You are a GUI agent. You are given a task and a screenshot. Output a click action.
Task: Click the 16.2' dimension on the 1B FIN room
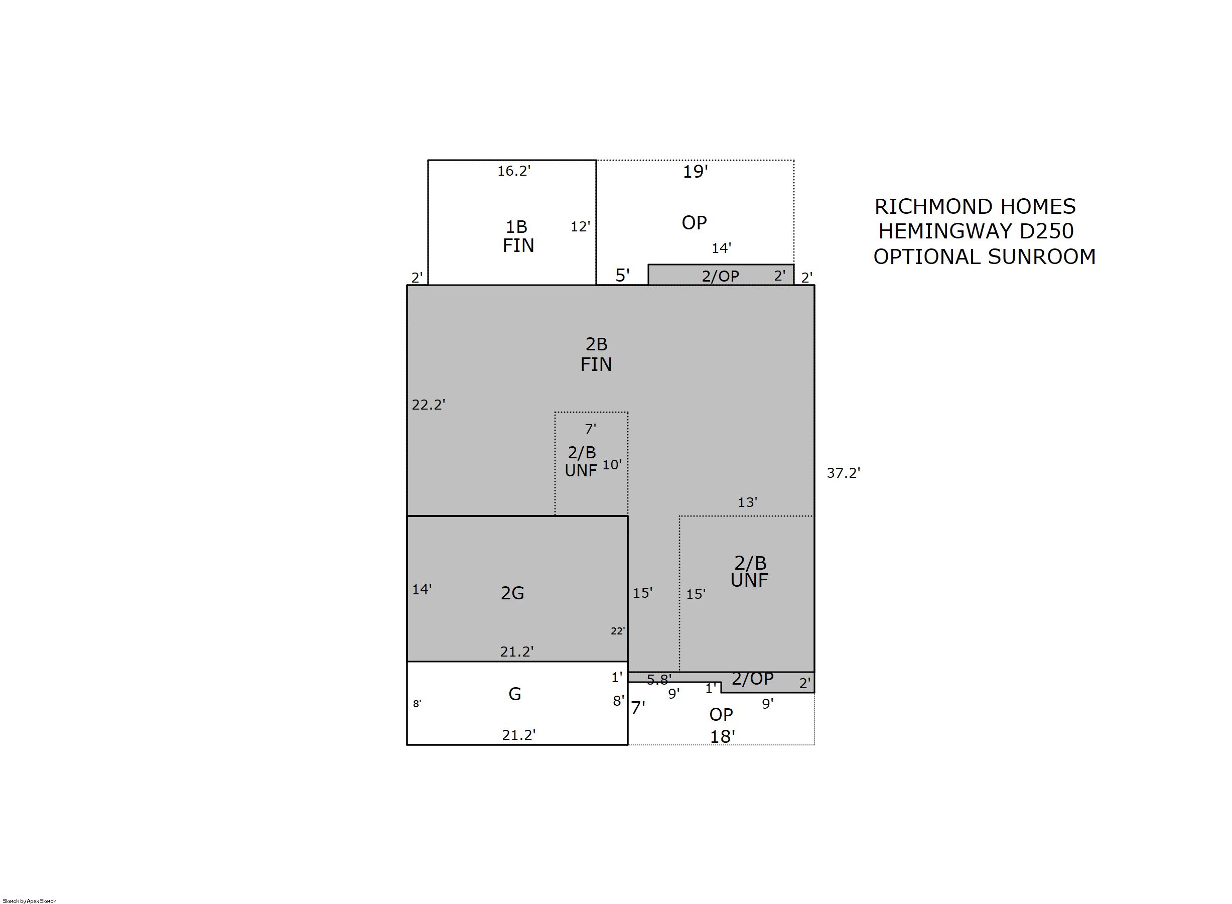pos(514,171)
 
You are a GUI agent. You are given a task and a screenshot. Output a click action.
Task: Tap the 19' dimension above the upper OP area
pos(695,172)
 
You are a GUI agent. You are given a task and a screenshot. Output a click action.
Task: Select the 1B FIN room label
pos(517,236)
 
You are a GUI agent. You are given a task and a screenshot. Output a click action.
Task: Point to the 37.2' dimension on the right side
pos(843,473)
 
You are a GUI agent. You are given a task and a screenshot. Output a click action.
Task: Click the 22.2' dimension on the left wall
pos(429,405)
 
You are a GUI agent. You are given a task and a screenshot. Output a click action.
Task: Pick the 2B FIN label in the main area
pos(596,354)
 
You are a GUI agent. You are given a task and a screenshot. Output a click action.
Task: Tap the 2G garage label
pos(512,593)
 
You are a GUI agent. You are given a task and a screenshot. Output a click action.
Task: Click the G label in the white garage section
pos(514,694)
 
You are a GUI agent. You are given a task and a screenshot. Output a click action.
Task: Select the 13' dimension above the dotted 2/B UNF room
pos(747,502)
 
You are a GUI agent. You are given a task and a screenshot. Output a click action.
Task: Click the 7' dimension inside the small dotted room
pos(590,429)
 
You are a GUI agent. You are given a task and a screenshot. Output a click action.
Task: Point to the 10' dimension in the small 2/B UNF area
pos(612,465)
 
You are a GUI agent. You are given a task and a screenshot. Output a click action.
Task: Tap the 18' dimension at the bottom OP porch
pos(722,736)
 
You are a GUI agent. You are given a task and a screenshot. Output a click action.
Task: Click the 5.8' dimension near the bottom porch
pos(659,680)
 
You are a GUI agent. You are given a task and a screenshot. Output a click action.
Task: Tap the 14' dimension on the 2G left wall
pos(422,589)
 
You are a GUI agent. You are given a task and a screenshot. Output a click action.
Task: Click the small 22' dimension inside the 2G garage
pos(618,631)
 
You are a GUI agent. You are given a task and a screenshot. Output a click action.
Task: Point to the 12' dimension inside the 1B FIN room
pos(581,226)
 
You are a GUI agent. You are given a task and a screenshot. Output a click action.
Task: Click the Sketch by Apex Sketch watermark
pos(30,900)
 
